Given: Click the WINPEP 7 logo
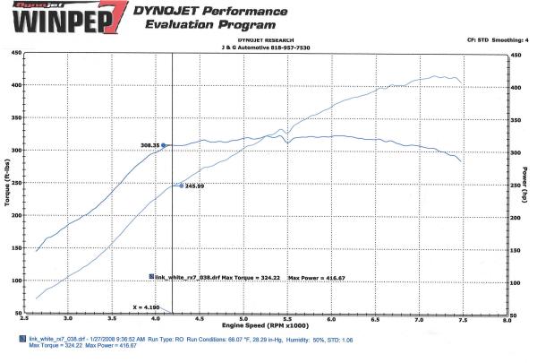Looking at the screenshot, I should click(62, 18).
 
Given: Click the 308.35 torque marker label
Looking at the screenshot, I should click(149, 145).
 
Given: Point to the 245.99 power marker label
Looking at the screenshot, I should click(195, 186).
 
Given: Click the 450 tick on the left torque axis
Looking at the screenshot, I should click(17, 53).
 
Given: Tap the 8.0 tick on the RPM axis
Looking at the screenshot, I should click(507, 319).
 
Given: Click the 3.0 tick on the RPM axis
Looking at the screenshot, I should click(68, 319).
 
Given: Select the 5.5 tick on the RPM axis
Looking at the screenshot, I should click(287, 319).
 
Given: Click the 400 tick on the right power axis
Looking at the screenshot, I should click(516, 88).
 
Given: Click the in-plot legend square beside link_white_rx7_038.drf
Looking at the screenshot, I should click(151, 277).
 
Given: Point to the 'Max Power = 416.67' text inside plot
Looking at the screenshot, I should click(316, 278).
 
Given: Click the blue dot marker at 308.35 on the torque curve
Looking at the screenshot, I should click(164, 144).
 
